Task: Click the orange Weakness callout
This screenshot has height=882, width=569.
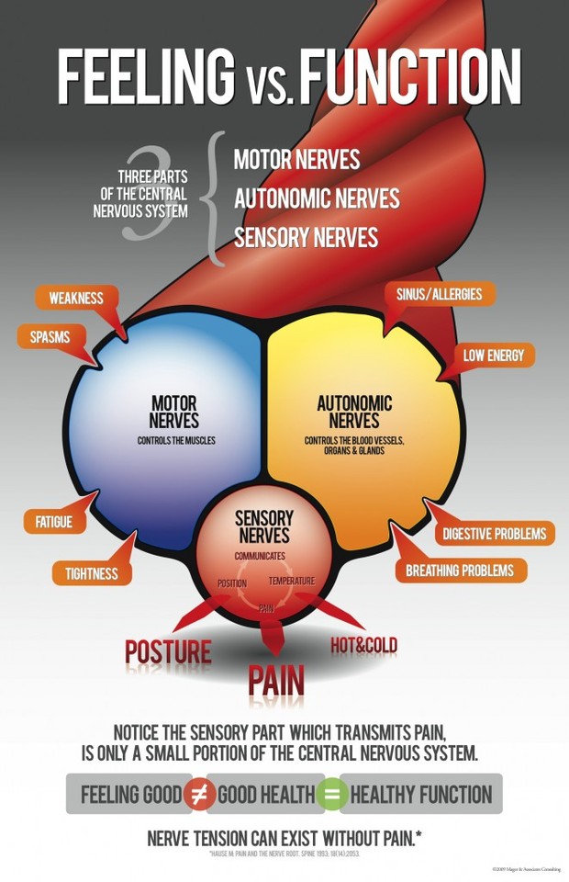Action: pos(76,299)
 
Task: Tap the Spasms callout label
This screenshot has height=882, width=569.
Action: pos(50,337)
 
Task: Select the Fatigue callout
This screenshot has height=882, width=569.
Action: pos(53,522)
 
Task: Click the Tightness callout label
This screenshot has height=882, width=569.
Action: pos(91,574)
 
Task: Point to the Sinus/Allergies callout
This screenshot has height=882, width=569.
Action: pos(438,295)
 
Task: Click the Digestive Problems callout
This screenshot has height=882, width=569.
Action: pos(494,534)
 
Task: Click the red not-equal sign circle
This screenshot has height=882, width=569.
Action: pos(200,794)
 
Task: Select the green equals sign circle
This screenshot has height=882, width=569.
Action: pos(332,794)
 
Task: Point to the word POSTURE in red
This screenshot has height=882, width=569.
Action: pos(168,653)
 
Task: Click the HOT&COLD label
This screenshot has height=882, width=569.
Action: pos(364,646)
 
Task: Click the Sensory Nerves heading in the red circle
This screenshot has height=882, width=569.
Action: pos(263,526)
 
